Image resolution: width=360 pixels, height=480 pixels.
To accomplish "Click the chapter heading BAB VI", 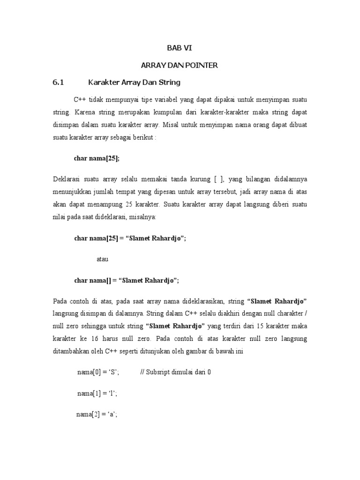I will tap(180, 48).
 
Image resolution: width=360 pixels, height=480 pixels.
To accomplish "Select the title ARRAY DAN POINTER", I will tap(180, 66).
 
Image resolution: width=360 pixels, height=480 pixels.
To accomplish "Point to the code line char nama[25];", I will tap(97, 158).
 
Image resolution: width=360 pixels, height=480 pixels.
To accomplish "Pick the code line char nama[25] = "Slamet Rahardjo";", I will tap(130, 238).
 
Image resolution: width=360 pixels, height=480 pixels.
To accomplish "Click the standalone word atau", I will tap(103, 259).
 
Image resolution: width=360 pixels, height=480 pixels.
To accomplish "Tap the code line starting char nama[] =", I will tap(127, 280).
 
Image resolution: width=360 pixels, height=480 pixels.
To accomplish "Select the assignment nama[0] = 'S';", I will tap(98, 372).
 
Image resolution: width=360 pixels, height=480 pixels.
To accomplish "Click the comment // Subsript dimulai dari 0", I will tap(176, 372).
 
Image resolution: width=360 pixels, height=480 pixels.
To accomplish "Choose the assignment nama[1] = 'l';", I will tap(97, 393).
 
